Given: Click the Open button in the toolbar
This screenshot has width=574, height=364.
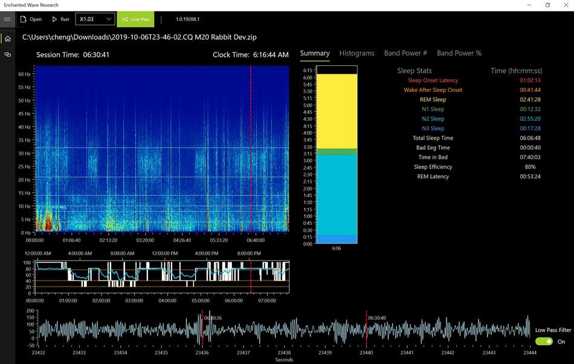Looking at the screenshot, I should click(31, 19).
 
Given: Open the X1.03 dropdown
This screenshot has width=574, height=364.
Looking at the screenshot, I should click(95, 19).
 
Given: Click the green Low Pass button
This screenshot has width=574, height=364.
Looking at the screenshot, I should click(135, 19).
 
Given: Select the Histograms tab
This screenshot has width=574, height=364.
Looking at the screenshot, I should click(356, 53).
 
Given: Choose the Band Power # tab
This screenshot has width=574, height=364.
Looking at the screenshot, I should click(405, 53).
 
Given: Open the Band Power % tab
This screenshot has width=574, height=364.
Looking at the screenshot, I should click(459, 53).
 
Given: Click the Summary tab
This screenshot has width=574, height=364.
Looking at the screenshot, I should click(315, 53).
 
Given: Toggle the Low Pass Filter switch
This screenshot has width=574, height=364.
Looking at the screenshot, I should click(544, 342).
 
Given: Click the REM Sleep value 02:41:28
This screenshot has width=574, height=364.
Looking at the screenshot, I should click(530, 100).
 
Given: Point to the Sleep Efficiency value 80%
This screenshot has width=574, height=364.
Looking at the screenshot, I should click(530, 167).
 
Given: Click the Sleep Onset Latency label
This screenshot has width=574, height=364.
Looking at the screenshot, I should click(433, 80).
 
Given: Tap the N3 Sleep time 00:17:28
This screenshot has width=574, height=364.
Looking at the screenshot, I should click(530, 129).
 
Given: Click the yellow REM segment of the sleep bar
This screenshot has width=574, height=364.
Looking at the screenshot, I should click(337, 111).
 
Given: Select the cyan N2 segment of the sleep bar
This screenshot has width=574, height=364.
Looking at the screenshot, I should click(337, 193).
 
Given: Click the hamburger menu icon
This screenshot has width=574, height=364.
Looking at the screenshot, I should click(7, 19).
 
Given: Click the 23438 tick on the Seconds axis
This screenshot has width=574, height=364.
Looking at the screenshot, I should click(284, 353).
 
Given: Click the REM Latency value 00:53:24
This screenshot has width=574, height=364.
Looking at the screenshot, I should click(530, 177).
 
